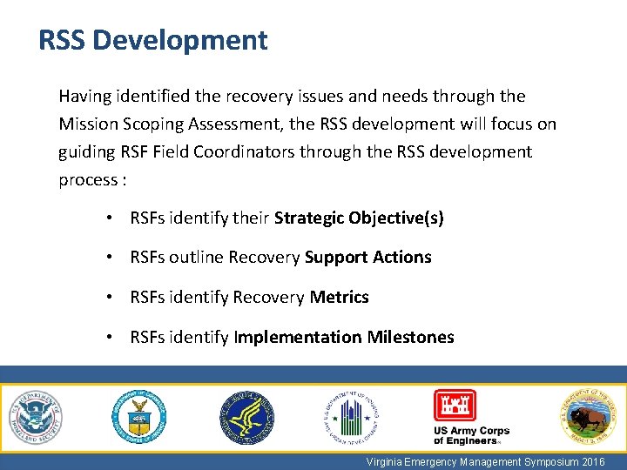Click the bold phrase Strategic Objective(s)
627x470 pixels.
pos(359,218)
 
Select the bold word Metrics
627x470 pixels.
pos(339,297)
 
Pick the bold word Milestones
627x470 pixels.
pos(410,337)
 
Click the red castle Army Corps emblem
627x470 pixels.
pos(455,406)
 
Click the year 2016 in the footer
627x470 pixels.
pos(591,462)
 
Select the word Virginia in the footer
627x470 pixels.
pos(386,462)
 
